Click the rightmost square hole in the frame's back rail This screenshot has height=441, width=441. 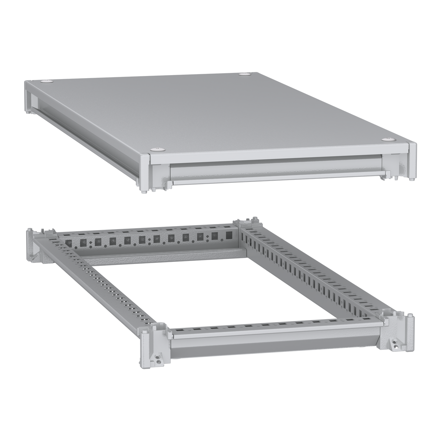(229, 235)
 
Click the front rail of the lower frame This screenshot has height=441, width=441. (275, 340)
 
